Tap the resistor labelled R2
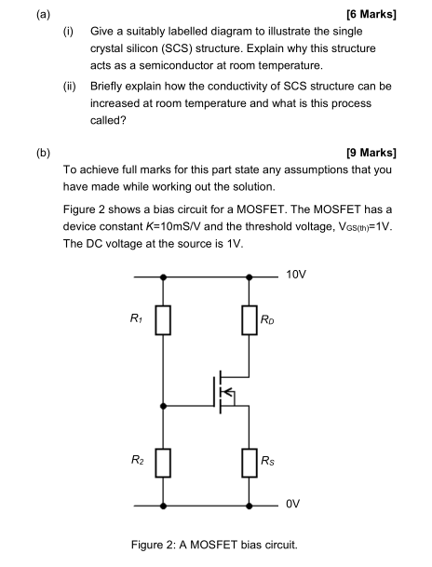pyautogui.click(x=164, y=459)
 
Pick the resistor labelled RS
pyautogui.click(x=249, y=459)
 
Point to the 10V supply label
pyautogui.click(x=297, y=277)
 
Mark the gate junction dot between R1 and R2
pyautogui.click(x=164, y=406)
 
